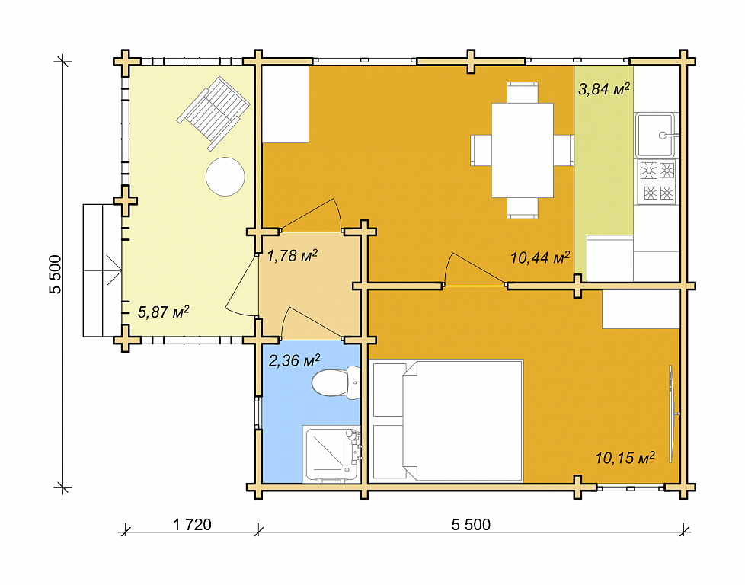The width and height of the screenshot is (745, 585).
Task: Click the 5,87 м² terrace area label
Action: tap(164, 312)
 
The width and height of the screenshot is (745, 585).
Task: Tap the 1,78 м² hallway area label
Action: tap(293, 256)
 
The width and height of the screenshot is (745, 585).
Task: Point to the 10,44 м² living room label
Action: tap(540, 258)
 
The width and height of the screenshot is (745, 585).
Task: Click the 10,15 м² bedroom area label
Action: tap(625, 458)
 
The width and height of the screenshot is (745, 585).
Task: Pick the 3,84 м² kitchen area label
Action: tap(604, 89)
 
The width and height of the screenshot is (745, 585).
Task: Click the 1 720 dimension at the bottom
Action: tap(192, 525)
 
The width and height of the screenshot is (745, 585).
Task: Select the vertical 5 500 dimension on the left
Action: tap(56, 274)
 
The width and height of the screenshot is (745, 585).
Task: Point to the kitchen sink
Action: tap(655, 135)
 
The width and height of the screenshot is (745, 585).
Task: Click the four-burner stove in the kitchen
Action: tap(657, 181)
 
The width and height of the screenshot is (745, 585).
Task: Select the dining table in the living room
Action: tap(522, 150)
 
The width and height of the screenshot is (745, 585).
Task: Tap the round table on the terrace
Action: tap(225, 176)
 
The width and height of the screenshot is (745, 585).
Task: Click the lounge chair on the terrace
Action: tap(213, 113)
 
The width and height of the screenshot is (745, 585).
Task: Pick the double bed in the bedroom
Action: tap(448, 420)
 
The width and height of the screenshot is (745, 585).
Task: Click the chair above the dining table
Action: tap(522, 93)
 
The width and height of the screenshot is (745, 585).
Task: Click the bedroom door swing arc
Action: tap(448, 268)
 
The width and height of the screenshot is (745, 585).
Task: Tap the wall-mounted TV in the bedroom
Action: tap(673, 414)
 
